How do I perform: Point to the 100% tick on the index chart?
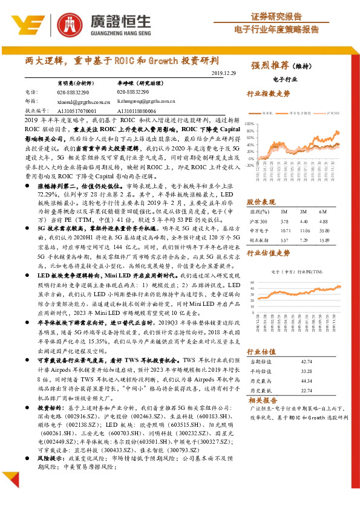click(249, 123)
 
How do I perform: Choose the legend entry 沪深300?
click(332, 113)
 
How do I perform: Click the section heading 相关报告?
click(262, 400)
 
